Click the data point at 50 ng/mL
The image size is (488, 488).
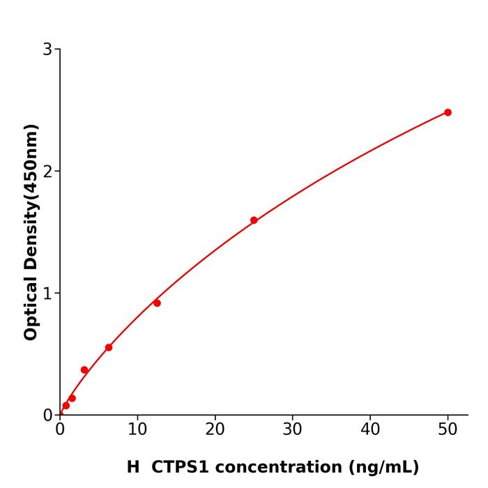pos(448,112)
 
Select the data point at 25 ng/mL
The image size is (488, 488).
pos(254,220)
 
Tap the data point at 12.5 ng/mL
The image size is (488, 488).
pos(157,303)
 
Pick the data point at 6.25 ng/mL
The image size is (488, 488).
pos(109,347)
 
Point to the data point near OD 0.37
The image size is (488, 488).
pos(84,370)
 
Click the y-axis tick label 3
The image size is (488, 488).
pos(47,49)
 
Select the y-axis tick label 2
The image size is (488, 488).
pos(47,171)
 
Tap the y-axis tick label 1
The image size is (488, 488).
pos(47,293)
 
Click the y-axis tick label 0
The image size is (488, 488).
pos(47,415)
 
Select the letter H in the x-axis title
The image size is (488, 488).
pos(133,467)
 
